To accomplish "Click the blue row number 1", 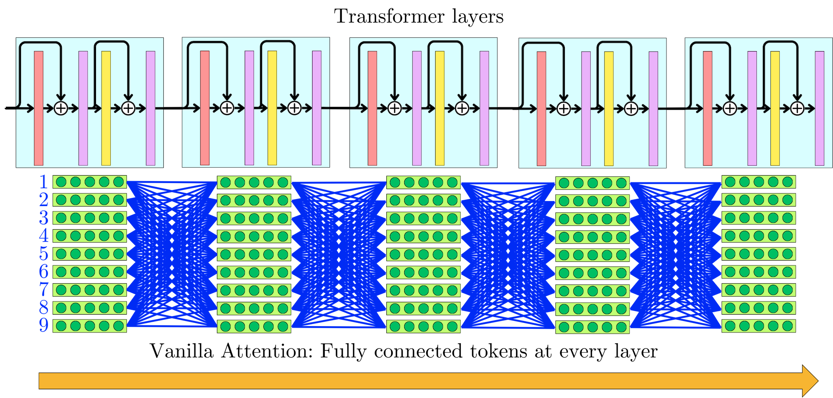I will click(44, 182).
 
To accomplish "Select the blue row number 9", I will click(44, 326).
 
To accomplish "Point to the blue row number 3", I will click(44, 218).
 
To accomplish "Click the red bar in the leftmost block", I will click(38, 108).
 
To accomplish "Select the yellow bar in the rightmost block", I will click(775, 108).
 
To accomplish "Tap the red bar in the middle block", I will click(372, 108).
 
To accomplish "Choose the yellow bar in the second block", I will click(272, 108).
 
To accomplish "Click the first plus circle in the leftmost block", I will click(61, 108).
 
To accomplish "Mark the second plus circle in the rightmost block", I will click(797, 108).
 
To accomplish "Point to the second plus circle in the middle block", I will click(462, 108).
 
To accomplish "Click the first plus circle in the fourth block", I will click(563, 108).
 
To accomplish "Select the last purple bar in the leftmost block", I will click(150, 108).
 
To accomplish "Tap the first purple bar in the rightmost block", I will click(752, 108).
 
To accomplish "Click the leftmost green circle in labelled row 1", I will click(61, 182).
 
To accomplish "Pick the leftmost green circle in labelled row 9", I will click(61, 326).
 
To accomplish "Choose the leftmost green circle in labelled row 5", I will click(61, 254).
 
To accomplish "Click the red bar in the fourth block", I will click(541, 108).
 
